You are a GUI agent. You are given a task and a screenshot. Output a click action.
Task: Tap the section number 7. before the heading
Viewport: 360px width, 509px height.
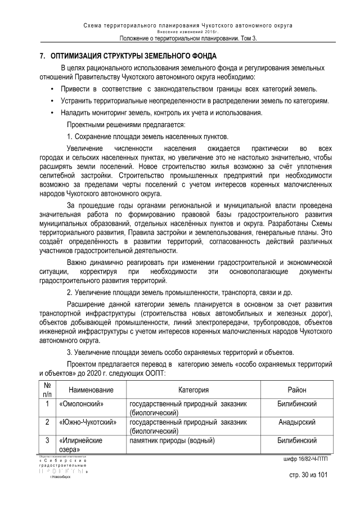(x=42, y=57)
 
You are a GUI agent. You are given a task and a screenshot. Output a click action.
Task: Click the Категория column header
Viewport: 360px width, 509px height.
(x=193, y=390)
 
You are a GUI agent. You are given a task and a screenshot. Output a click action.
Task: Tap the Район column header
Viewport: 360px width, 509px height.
(x=296, y=390)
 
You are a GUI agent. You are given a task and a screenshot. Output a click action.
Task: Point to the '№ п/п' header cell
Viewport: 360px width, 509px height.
(x=47, y=390)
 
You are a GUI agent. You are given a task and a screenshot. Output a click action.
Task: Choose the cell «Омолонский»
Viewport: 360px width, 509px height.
(x=81, y=404)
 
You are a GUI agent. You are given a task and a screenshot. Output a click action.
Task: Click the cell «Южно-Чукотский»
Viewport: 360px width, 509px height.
(x=87, y=422)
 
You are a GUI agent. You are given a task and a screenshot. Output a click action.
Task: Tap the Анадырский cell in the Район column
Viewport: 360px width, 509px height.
(x=296, y=422)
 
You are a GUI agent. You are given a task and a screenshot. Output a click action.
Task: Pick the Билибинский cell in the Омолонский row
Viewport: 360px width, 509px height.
(x=296, y=404)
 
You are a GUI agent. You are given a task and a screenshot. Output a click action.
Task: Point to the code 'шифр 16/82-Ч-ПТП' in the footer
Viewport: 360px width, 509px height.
(x=305, y=459)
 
